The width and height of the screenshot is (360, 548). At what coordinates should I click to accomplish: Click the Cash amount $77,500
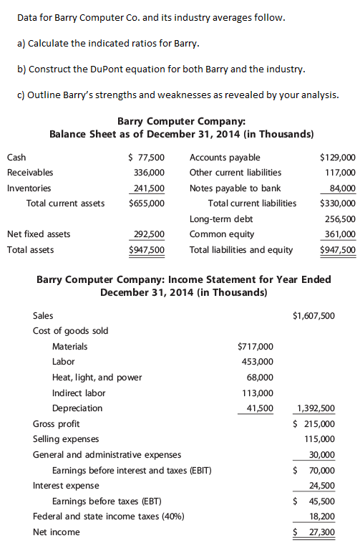coord(146,157)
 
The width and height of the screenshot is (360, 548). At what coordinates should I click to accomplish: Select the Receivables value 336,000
coord(150,173)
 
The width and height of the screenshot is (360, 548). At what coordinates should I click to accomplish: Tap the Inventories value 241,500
coord(150,188)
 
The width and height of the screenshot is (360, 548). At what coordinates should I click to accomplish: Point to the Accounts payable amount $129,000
coord(338,157)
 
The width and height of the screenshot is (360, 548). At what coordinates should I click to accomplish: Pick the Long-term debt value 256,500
coord(340,218)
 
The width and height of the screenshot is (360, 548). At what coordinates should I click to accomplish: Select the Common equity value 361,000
coord(340,234)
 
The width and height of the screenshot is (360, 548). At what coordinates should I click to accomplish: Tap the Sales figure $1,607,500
coord(314,315)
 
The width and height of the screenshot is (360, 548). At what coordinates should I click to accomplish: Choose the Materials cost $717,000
coord(255,347)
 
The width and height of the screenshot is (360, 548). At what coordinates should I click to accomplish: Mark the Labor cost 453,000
coord(257,362)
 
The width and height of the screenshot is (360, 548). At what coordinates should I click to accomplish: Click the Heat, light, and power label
coord(97,378)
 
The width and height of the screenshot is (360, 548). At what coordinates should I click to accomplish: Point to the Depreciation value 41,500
coord(259,408)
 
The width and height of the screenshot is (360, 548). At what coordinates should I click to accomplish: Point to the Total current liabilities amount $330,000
coord(338,203)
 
